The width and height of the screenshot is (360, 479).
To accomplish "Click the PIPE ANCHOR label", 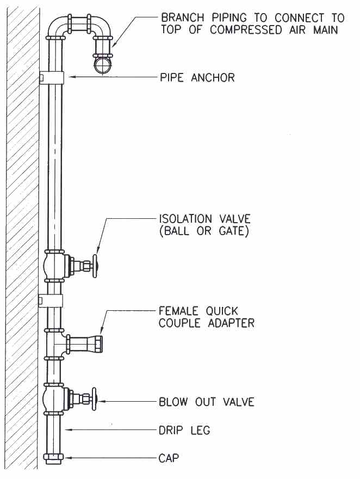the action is [197, 78].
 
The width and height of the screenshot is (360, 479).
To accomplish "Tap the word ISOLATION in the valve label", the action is [185, 219].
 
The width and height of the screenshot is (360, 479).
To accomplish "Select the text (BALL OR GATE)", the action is [204, 231].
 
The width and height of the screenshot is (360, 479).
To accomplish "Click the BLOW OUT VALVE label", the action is [207, 401].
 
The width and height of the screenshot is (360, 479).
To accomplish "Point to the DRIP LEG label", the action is [184, 431].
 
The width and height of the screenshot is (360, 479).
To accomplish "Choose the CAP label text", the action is [169, 458].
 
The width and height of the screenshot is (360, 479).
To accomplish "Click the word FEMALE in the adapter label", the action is [178, 311].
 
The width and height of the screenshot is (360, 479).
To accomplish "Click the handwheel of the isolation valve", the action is [95, 266].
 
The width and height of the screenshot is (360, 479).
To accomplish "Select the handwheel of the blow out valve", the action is [94, 399].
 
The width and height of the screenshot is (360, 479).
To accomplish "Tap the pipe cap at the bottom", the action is [53, 458].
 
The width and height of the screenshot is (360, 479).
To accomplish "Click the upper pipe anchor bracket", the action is [51, 78].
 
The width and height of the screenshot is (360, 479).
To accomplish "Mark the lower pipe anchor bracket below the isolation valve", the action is [51, 301].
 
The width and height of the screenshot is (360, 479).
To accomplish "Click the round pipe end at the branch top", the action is [103, 65].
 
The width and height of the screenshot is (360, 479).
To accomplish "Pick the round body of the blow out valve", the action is [53, 398].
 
